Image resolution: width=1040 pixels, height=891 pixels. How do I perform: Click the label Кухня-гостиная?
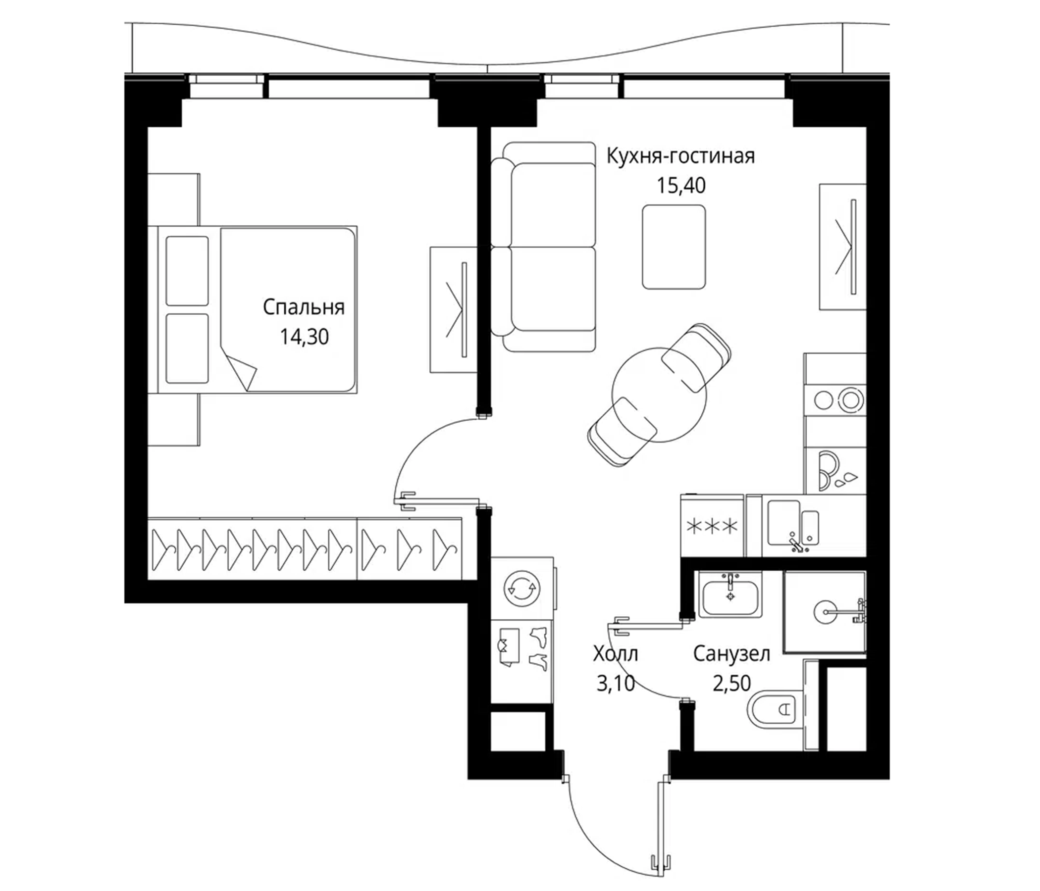tap(680, 156)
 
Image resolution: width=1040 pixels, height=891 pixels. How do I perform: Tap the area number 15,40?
tap(680, 186)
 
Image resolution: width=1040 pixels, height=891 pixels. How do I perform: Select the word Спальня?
tap(304, 307)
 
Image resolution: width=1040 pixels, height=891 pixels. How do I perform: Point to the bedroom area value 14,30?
tap(304, 337)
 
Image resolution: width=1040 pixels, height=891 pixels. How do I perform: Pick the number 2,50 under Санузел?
tap(731, 683)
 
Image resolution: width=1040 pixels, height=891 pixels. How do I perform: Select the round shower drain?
tap(824, 611)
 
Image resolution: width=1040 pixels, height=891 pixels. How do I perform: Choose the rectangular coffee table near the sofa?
tap(674, 247)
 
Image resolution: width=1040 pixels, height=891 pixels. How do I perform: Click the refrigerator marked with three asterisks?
tap(712, 526)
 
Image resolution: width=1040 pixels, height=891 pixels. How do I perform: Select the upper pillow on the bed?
tap(187, 271)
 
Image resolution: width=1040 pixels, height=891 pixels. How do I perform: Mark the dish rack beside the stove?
tap(836, 471)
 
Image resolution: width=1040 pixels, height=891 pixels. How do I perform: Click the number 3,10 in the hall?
tap(616, 683)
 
